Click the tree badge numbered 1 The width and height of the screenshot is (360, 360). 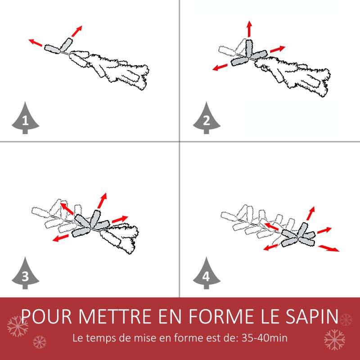25,119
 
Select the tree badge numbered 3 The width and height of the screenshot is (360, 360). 25,274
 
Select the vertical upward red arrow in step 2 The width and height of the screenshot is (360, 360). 249,29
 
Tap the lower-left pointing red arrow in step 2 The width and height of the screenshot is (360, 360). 220,67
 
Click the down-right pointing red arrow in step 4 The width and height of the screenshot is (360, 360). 328,248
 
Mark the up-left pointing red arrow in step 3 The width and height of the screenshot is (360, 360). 67,208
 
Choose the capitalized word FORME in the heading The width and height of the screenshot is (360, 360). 221,317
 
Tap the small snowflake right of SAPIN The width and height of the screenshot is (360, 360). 346,319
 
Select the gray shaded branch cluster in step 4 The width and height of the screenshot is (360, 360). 297,236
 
